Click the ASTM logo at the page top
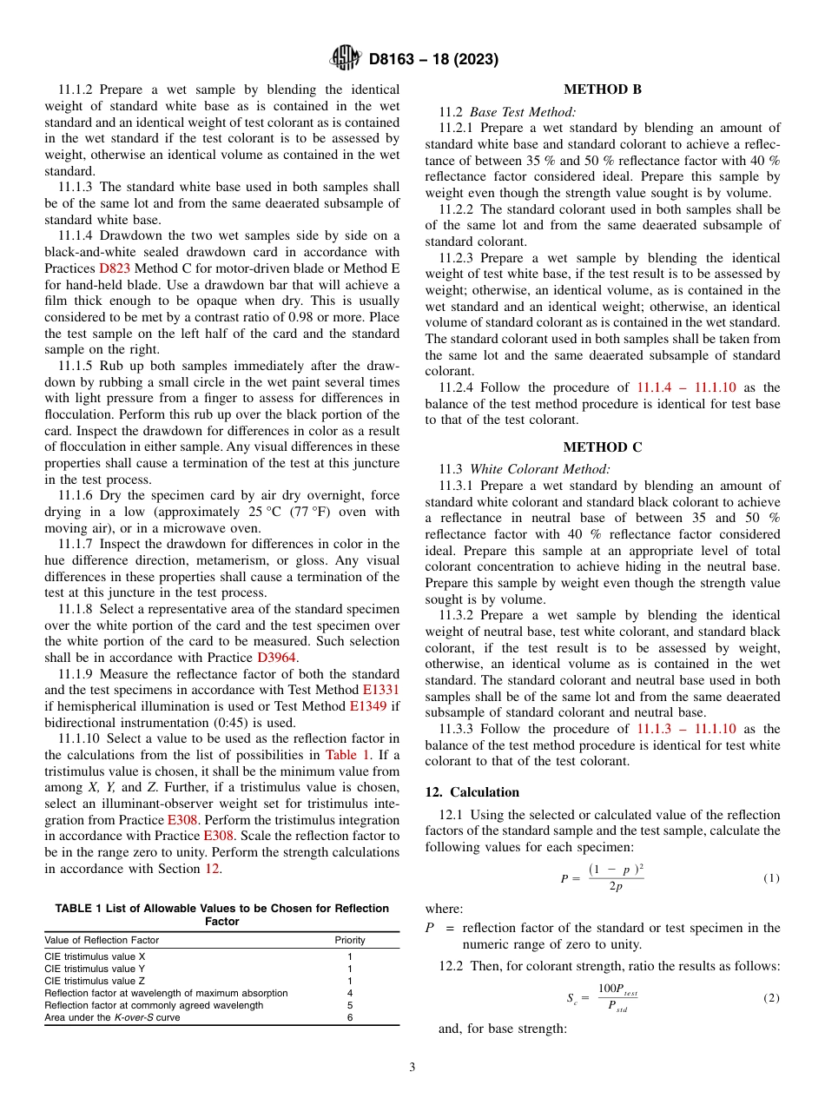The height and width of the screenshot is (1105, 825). click(x=346, y=59)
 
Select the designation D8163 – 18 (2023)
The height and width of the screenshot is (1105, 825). click(x=433, y=60)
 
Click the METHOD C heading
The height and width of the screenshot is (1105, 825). click(x=603, y=447)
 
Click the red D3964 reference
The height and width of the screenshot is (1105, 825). click(x=277, y=657)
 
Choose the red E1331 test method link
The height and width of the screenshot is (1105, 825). click(x=380, y=690)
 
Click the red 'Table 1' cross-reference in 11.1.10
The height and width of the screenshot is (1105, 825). click(x=347, y=754)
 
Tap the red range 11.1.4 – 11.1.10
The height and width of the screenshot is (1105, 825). click(x=686, y=387)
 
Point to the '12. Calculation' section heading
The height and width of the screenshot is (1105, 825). click(x=472, y=792)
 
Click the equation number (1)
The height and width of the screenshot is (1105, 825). click(x=771, y=878)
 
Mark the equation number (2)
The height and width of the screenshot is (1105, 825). click(x=771, y=998)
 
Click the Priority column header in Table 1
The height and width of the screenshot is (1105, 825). click(x=350, y=940)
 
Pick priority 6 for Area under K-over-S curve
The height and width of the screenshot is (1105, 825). click(x=350, y=1017)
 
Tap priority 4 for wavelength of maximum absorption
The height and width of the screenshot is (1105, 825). click(x=350, y=993)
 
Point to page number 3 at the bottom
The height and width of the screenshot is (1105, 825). click(x=412, y=1068)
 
